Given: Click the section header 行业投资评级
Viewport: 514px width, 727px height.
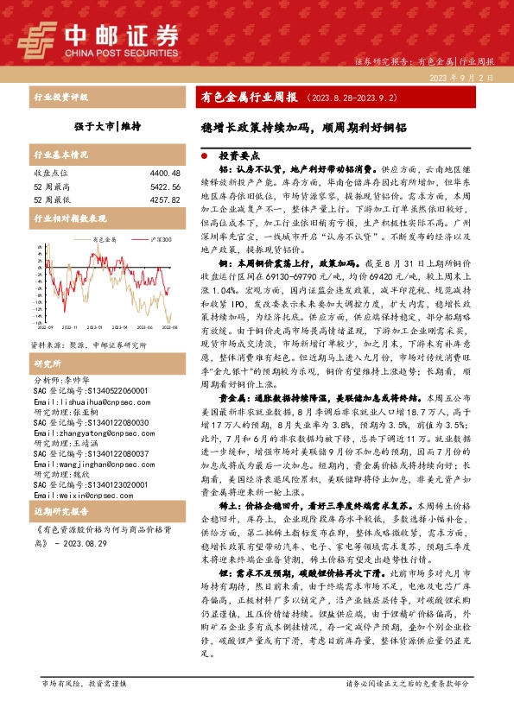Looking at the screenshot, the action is [x=60, y=98].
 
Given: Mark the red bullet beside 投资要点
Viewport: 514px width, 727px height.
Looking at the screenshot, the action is [x=204, y=158].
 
